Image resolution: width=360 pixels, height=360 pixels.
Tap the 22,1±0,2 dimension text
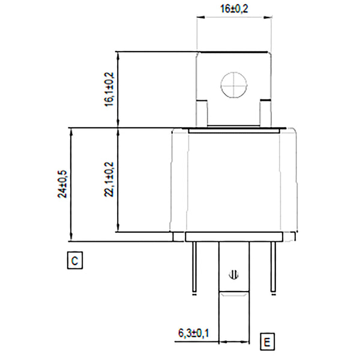tap(109, 179)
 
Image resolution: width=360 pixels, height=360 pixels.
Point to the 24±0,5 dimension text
tap(62, 182)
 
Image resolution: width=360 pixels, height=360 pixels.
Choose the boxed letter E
tap(267, 343)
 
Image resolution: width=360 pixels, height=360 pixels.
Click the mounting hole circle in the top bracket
tap(233, 85)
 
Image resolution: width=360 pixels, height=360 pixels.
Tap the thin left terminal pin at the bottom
tap(194, 268)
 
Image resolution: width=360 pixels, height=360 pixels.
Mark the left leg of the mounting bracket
tap(202, 113)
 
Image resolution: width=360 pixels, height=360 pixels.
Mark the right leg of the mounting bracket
tap(265, 113)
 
